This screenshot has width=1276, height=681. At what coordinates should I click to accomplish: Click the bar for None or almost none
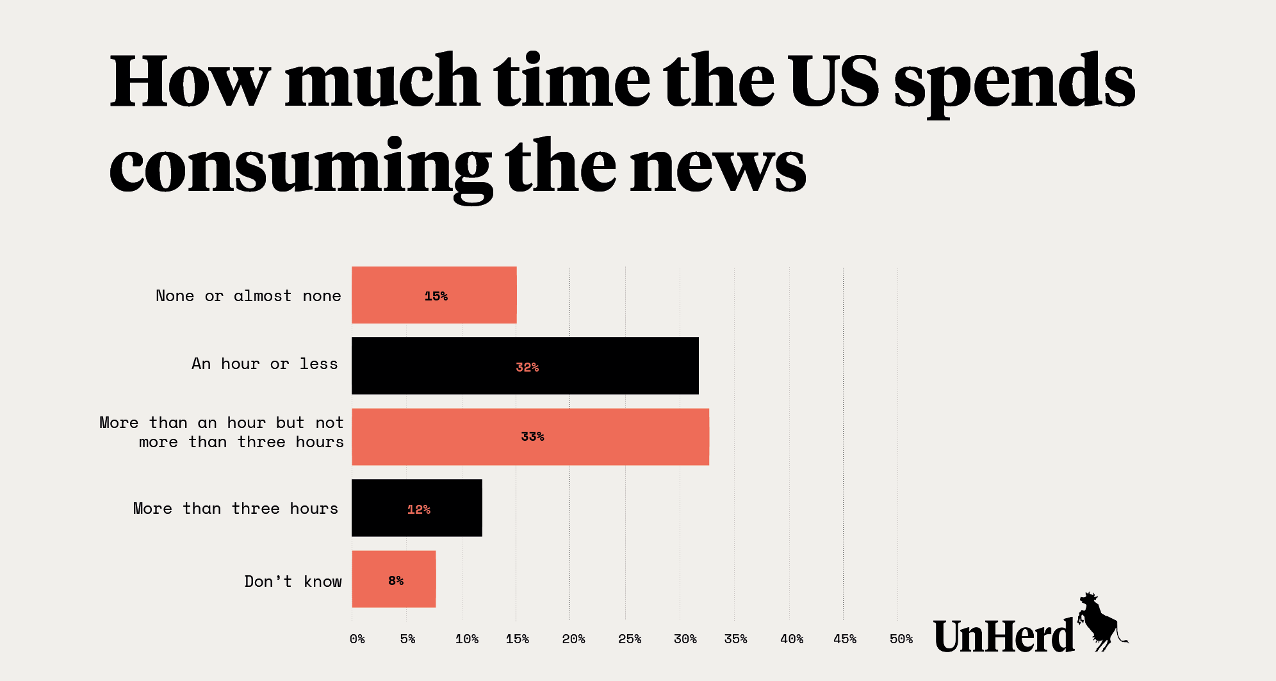tap(434, 295)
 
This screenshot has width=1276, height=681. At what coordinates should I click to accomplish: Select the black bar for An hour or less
tap(525, 366)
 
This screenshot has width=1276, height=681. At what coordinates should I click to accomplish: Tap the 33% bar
tap(530, 437)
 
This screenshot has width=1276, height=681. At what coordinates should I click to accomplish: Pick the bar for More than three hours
tap(416, 508)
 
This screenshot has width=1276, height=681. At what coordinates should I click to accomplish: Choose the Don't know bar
tap(393, 579)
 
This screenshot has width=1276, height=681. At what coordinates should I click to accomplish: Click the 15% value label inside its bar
tap(436, 296)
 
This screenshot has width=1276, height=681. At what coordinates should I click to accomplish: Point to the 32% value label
tap(527, 367)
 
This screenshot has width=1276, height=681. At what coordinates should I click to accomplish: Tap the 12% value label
tap(419, 509)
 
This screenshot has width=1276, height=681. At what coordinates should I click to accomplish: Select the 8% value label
tap(396, 580)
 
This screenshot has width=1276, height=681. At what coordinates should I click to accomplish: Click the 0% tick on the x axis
tap(357, 639)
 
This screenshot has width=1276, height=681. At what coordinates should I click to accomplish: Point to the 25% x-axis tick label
tap(629, 639)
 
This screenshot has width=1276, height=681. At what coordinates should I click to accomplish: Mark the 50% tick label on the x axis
tap(901, 639)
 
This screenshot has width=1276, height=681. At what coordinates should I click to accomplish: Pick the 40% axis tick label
tap(792, 639)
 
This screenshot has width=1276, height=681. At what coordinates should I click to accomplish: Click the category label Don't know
tap(293, 581)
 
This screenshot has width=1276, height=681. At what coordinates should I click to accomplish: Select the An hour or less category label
tap(265, 364)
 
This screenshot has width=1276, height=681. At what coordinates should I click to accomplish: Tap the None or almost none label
tap(249, 296)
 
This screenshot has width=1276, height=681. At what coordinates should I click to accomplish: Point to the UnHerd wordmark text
tap(1004, 636)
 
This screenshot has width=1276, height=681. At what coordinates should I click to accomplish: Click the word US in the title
tap(833, 81)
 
